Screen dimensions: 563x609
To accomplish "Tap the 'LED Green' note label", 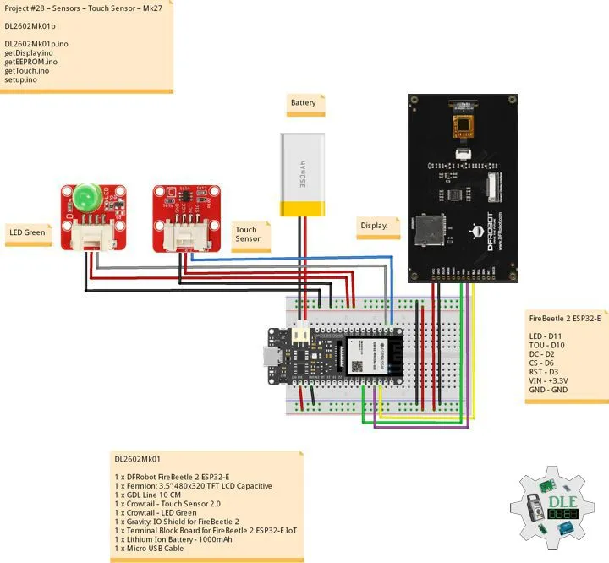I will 27,232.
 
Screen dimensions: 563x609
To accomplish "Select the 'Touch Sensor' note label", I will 248,234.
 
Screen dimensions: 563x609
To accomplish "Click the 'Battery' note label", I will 303,103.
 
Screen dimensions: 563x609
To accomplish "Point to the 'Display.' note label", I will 375,226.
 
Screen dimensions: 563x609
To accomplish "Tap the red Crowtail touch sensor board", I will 181,216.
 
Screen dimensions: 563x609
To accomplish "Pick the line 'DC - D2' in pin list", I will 541,354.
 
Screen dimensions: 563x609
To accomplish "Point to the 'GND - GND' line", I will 547,391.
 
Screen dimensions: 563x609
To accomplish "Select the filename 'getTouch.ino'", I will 26,71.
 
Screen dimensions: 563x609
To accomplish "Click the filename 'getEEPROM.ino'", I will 30,62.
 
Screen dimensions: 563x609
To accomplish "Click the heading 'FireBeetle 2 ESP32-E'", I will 564,319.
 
